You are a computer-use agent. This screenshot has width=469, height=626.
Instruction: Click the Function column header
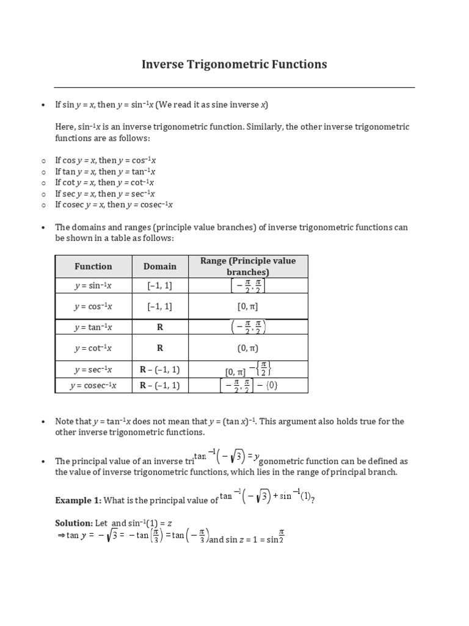click(93, 266)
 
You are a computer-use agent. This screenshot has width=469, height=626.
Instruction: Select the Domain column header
click(160, 266)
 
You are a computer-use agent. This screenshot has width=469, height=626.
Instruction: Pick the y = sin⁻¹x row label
click(93, 285)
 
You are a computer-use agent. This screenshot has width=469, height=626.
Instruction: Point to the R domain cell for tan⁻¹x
click(160, 327)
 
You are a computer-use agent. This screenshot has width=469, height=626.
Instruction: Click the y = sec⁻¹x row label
click(93, 369)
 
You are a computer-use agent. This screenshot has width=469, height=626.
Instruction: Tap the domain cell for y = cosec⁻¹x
click(160, 385)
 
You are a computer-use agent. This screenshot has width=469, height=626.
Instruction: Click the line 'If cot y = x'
click(104, 182)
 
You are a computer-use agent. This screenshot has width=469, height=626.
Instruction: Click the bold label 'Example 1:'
click(78, 500)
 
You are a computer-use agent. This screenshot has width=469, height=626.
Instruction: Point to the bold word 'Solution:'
click(73, 523)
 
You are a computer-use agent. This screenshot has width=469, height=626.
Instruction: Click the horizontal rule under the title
click(234, 87)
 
